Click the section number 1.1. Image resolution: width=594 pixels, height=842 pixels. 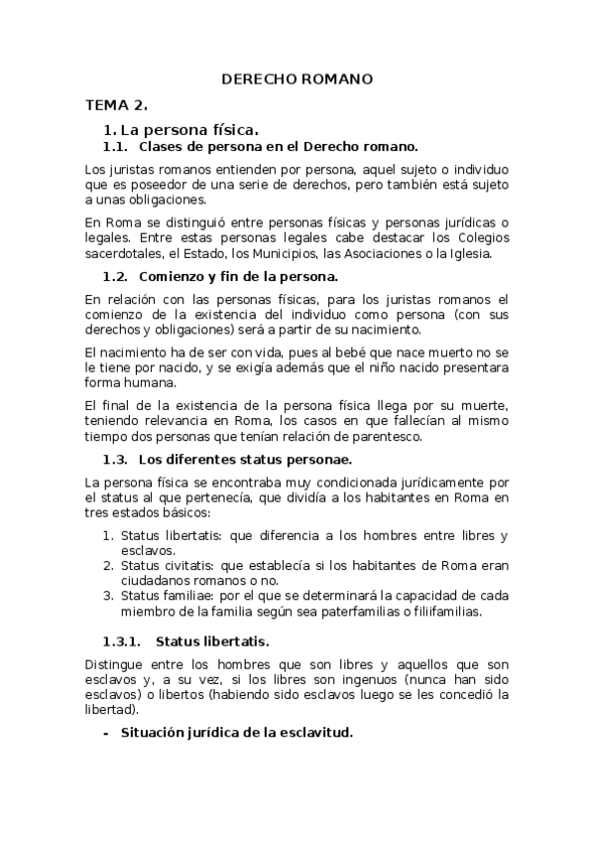point(116,145)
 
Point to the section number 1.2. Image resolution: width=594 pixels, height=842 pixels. point(116,275)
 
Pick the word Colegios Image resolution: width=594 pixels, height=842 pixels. point(480,238)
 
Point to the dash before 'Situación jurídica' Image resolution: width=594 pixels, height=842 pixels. point(106,733)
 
